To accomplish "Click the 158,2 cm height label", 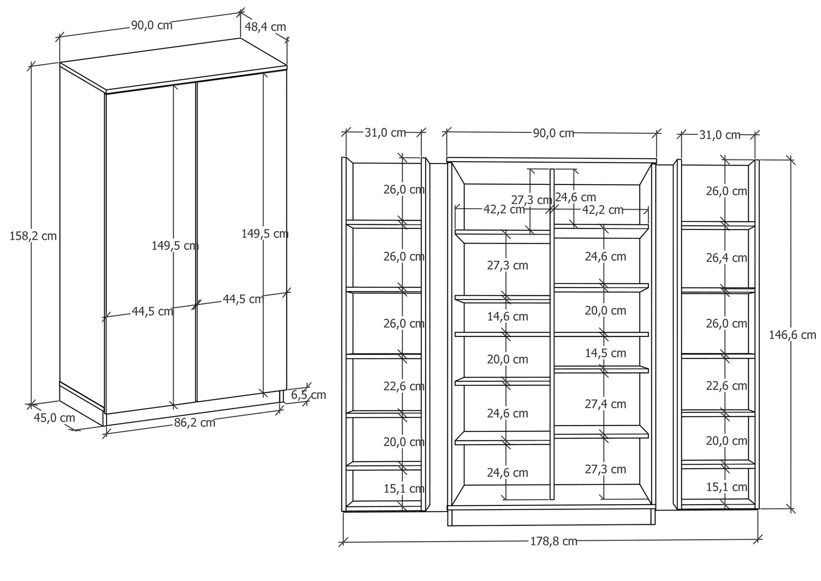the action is pyautogui.click(x=33, y=236).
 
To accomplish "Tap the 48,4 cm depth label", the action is pyautogui.click(x=265, y=27).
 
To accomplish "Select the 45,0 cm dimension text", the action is pyautogui.click(x=54, y=418).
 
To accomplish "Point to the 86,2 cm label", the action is pyautogui.click(x=194, y=422).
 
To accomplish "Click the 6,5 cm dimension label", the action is pyautogui.click(x=308, y=395).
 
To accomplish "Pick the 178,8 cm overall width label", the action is pyautogui.click(x=554, y=541).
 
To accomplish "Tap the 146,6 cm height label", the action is pyautogui.click(x=792, y=335).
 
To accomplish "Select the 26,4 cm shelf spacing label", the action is pyautogui.click(x=726, y=258).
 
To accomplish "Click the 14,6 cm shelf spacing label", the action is pyautogui.click(x=508, y=316).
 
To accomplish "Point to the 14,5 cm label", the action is pyautogui.click(x=605, y=353).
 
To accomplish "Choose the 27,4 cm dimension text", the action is pyautogui.click(x=605, y=404).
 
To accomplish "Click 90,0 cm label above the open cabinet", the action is pyautogui.click(x=554, y=133).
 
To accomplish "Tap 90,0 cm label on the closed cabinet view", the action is pyautogui.click(x=152, y=25).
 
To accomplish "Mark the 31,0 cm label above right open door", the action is pyautogui.click(x=720, y=135).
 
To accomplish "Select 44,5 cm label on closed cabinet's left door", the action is pyautogui.click(x=152, y=311).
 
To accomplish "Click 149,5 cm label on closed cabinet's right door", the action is pyautogui.click(x=265, y=233).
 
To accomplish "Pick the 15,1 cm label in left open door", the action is pyautogui.click(x=404, y=489).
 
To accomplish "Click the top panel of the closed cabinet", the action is pyautogui.click(x=173, y=64).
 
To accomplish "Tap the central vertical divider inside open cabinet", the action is pyautogui.click(x=552, y=334).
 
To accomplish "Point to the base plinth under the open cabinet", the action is pyautogui.click(x=551, y=517).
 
